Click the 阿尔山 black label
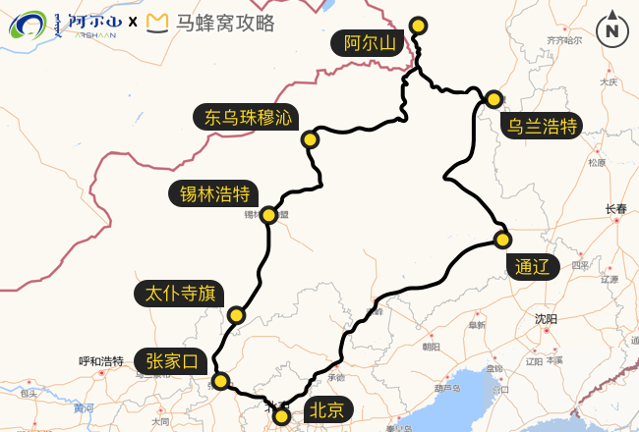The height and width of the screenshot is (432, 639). [369, 43]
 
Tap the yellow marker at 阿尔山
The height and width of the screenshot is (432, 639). [418, 26]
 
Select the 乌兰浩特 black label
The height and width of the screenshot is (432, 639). [541, 126]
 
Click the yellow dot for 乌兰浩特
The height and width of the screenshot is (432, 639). [494, 98]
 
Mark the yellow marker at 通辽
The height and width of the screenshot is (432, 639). [502, 240]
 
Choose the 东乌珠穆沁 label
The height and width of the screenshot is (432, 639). [249, 118]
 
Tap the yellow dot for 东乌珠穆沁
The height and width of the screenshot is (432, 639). [310, 139]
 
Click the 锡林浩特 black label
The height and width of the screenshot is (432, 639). [213, 193]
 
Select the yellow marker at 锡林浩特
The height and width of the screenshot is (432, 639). [268, 214]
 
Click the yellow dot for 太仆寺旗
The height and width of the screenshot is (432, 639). [236, 315]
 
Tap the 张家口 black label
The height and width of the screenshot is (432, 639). [171, 361]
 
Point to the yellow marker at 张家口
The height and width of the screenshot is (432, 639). [221, 381]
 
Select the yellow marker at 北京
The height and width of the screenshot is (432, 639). [282, 416]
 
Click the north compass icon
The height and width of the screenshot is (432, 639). [612, 29]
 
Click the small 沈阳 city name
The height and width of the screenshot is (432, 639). [546, 319]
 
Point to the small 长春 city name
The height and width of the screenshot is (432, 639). [615, 209]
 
